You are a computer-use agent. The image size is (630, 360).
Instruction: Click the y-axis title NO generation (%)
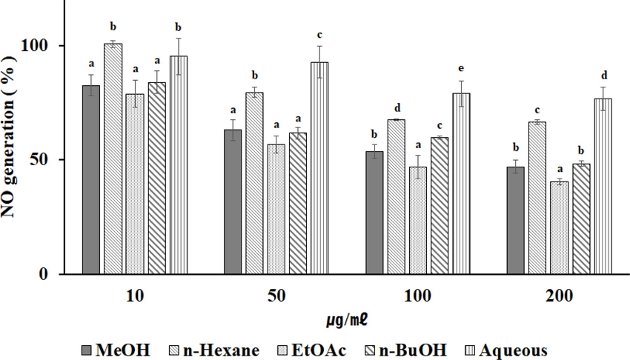point(13,159)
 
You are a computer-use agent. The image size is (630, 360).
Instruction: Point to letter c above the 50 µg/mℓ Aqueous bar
point(319,35)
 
